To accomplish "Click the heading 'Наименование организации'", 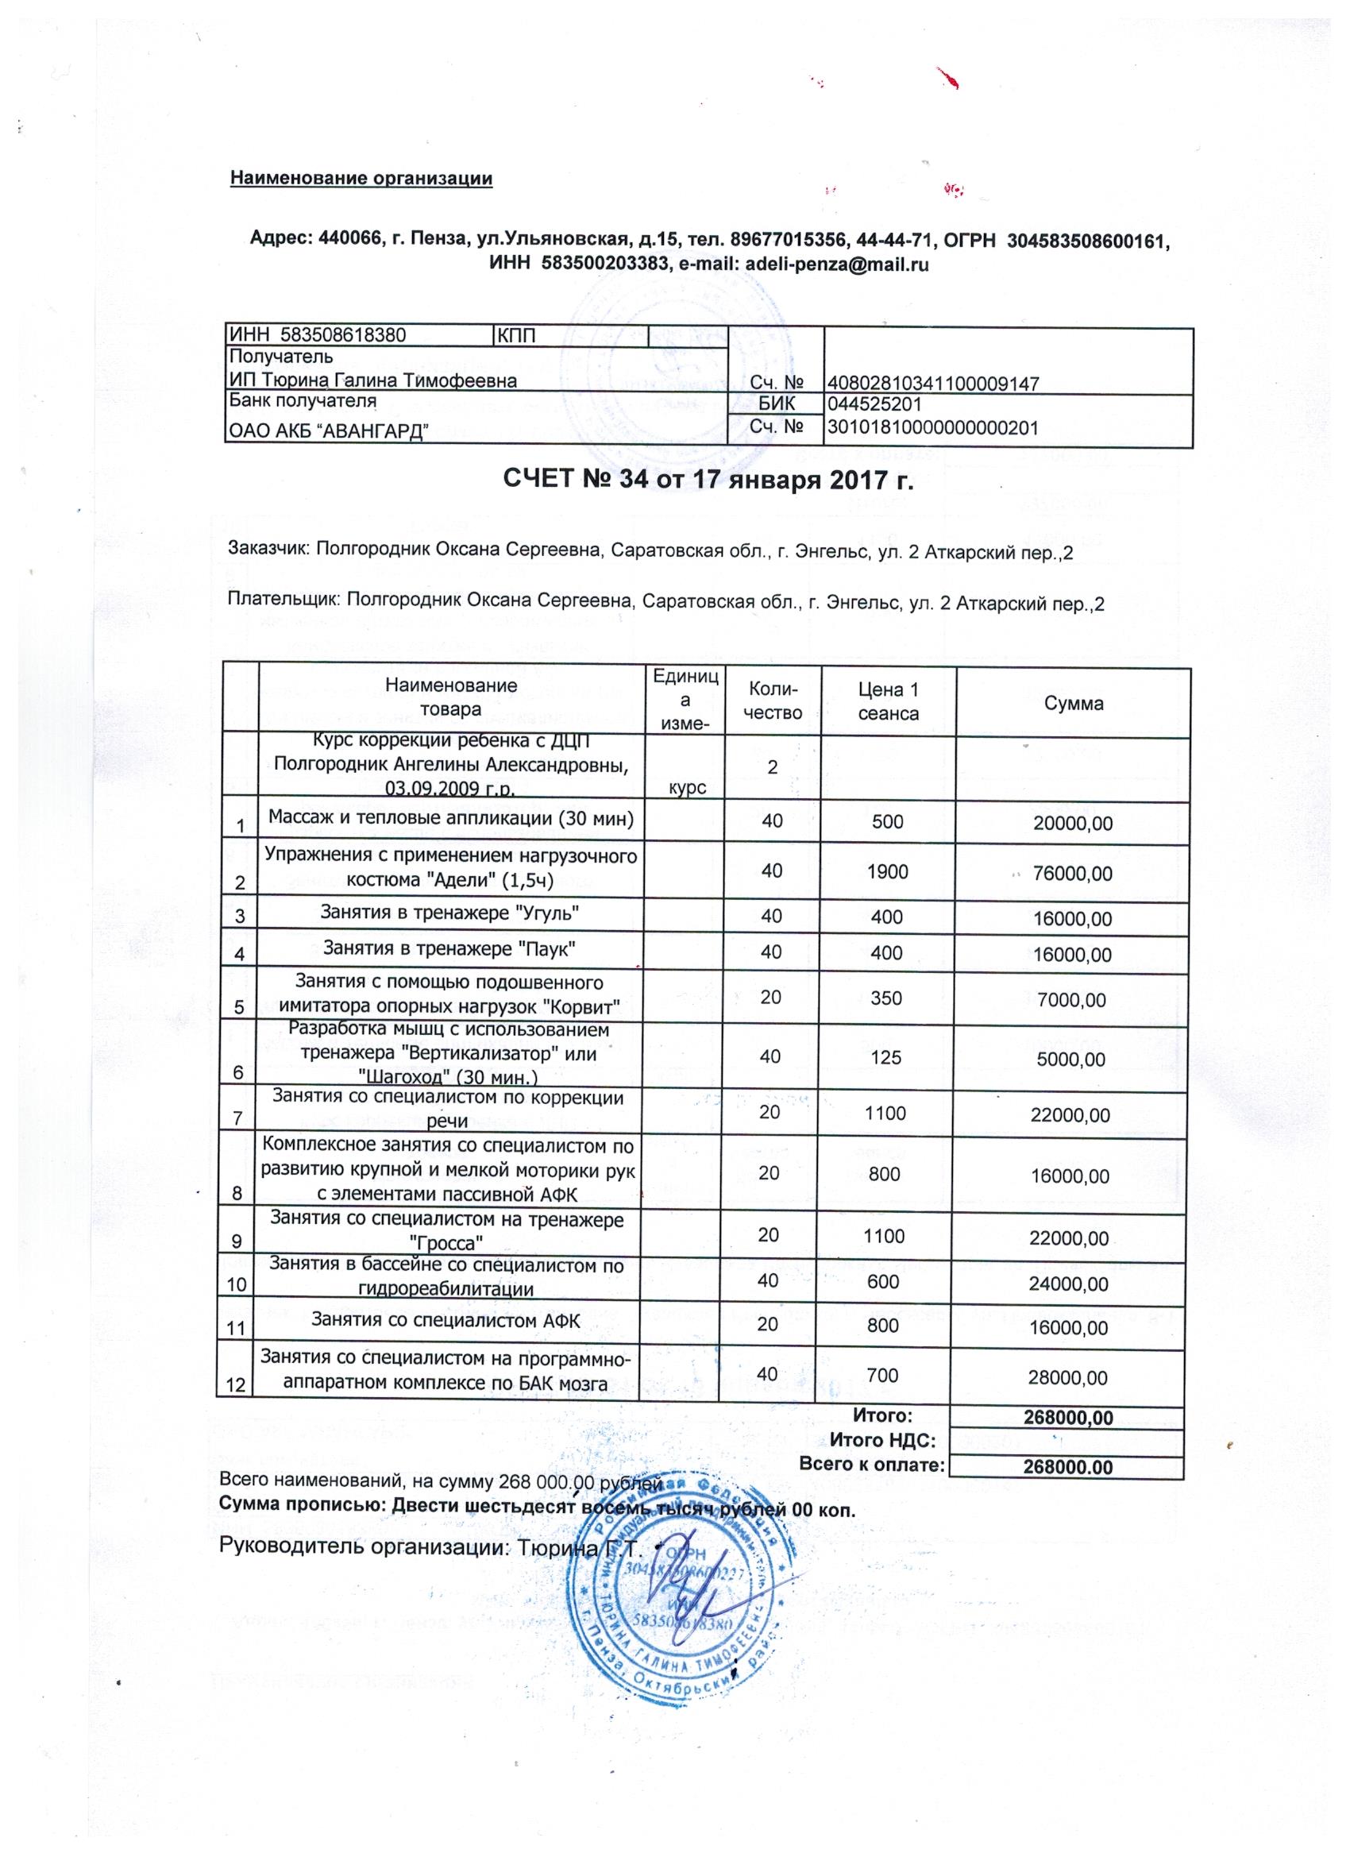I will point(361,178).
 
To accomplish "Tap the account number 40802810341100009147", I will point(934,382).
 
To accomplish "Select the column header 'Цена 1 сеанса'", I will point(888,702).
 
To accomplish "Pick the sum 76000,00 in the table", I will point(1073,874).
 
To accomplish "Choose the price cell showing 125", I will point(888,1058).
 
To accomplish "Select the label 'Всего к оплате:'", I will point(871,1465).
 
